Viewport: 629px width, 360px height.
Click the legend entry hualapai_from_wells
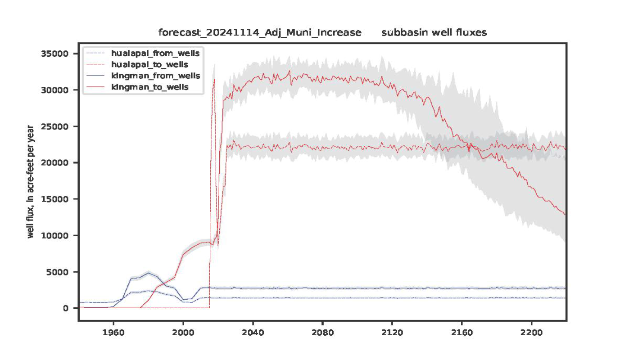coord(155,53)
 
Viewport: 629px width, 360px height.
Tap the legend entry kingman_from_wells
coord(155,76)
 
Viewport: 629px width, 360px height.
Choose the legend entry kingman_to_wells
coord(150,87)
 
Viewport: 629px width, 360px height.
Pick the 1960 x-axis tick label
coord(113,335)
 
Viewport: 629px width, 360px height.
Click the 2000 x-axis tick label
coord(183,335)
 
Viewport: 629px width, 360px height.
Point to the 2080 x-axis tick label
coord(322,335)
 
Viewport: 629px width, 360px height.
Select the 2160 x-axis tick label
coord(462,335)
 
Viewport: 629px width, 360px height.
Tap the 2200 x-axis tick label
coord(531,335)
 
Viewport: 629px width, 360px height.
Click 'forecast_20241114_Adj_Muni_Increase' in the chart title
coord(259,33)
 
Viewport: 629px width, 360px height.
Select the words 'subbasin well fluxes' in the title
coord(434,33)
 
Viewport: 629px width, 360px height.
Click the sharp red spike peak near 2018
coord(214,79)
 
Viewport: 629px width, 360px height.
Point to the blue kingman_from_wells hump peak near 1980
coord(149,273)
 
